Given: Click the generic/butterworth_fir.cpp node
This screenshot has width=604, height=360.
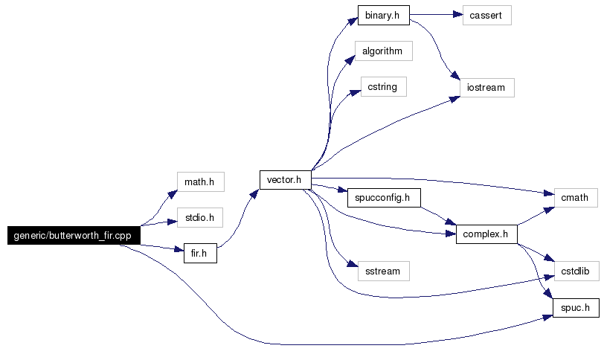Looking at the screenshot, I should [x=72, y=235].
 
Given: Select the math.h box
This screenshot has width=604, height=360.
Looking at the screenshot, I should [x=200, y=181].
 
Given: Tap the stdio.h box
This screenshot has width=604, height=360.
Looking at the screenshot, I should [x=200, y=218].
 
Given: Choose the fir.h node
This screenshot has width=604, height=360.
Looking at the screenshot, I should [x=199, y=253].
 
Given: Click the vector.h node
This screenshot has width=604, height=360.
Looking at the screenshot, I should [x=284, y=180].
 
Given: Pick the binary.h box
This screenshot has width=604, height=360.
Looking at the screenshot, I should [x=383, y=14].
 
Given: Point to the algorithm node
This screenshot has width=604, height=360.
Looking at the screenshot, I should [x=382, y=51].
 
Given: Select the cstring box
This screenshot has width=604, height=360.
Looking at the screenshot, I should [x=382, y=87].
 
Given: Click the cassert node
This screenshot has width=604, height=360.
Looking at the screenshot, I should [x=487, y=14].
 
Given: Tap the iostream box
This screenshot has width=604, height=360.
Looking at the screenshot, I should [x=486, y=88].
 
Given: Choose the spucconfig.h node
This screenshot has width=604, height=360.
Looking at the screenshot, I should [x=384, y=199].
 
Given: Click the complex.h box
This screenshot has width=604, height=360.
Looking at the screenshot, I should [x=486, y=234].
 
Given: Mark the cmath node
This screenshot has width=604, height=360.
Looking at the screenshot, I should [x=575, y=198].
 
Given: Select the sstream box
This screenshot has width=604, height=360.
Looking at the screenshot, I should [x=382, y=271].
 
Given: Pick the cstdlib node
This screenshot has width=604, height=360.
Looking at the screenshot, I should [x=575, y=271].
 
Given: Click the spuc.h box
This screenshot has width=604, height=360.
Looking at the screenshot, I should [x=575, y=307].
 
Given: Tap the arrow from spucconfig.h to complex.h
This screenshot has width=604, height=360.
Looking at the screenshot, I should [x=436, y=215].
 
